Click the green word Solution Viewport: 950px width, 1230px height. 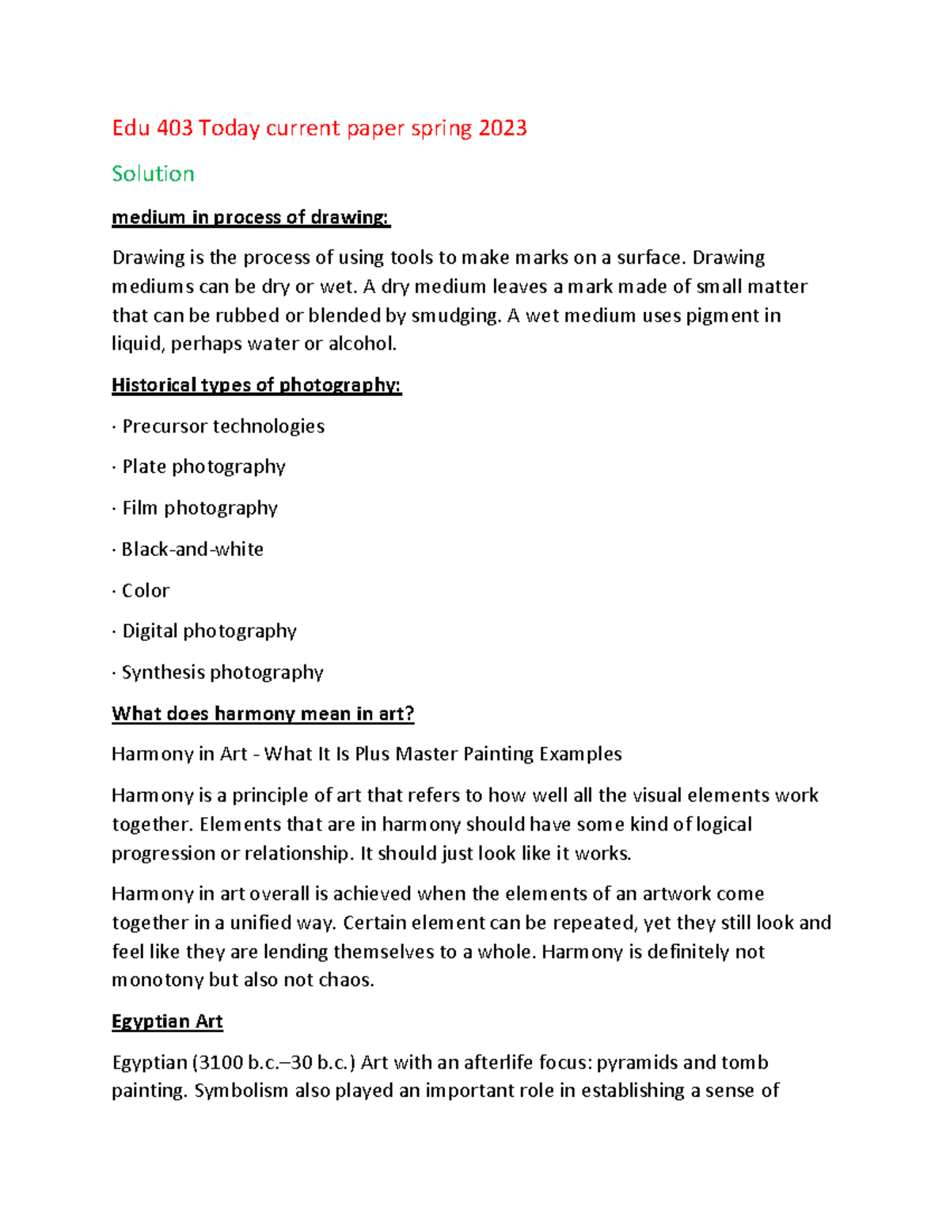[x=153, y=174]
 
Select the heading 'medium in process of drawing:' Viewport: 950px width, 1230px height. [x=251, y=218]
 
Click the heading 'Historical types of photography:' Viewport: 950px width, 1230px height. [x=256, y=386]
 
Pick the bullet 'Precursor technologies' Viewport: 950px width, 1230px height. [x=222, y=426]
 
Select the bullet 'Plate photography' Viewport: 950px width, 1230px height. [x=203, y=466]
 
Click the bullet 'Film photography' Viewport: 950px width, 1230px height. [x=199, y=508]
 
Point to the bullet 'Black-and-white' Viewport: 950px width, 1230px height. [x=192, y=549]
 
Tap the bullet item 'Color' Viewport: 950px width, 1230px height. [x=146, y=591]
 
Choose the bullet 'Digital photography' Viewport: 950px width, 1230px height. [x=209, y=631]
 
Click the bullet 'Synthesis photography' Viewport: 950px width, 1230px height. [x=222, y=672]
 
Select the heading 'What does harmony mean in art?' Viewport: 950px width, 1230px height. [x=263, y=714]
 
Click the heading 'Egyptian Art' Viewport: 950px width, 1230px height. [x=167, y=1022]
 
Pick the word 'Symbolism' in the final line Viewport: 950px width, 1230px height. [x=241, y=1091]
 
